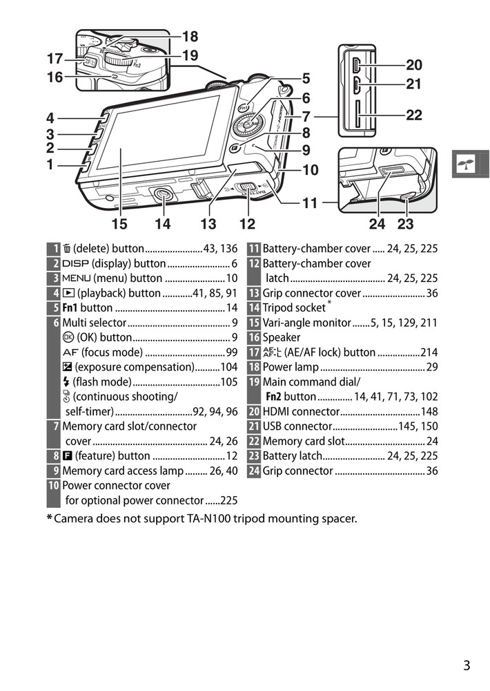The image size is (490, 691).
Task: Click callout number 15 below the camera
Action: (x=119, y=223)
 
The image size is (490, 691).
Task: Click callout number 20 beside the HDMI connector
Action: (x=414, y=66)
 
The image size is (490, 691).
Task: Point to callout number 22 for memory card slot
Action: (x=414, y=115)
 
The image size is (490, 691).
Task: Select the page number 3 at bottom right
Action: (x=467, y=666)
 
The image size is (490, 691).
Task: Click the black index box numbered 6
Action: (x=55, y=323)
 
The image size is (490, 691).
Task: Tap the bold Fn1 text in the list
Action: (x=70, y=307)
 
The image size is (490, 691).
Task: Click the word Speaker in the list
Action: (x=282, y=337)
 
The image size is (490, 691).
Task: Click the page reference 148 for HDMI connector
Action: (x=429, y=412)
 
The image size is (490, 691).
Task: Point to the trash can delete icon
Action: (x=67, y=249)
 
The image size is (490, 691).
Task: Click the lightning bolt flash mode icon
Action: (x=66, y=382)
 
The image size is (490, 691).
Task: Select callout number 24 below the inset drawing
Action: (x=377, y=223)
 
